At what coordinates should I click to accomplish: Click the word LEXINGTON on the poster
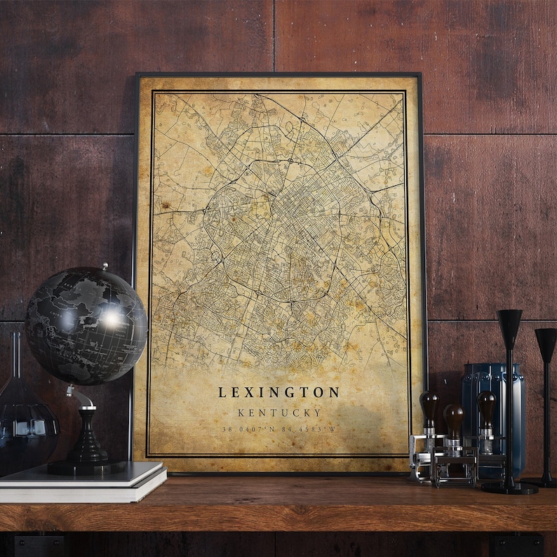[x=278, y=393]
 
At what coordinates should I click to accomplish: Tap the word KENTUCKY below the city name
[x=279, y=412]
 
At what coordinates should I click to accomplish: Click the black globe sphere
[x=86, y=326]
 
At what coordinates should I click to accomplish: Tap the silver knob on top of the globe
[x=104, y=267]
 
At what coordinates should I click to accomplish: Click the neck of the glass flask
[x=15, y=358]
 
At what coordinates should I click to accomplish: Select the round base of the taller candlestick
[x=510, y=486]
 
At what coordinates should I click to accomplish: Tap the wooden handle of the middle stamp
[x=453, y=417]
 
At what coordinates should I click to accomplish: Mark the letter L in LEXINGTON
[x=222, y=393]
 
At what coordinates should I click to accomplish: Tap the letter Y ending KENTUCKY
[x=318, y=412]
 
